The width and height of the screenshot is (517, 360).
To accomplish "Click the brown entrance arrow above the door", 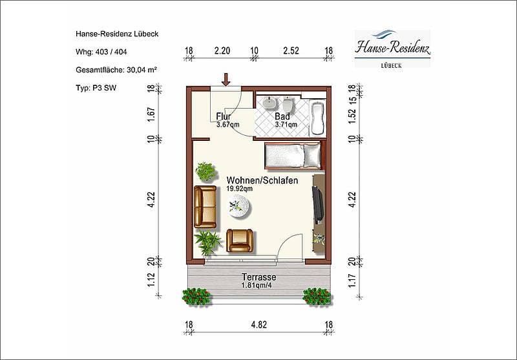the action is pyautogui.click(x=226, y=79).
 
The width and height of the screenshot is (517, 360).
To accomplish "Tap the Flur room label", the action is pyautogui.click(x=224, y=116).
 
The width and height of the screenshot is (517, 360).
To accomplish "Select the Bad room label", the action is pyautogui.click(x=282, y=116).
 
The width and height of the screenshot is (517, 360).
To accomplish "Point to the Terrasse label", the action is pyautogui.click(x=259, y=277).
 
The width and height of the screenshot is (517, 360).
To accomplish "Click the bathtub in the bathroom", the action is pyautogui.click(x=317, y=118).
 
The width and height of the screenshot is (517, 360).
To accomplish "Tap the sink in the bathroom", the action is pyautogui.click(x=271, y=103).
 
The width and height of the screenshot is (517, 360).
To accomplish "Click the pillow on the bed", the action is pyautogui.click(x=312, y=156).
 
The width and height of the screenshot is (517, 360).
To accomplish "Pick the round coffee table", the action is pyautogui.click(x=239, y=206).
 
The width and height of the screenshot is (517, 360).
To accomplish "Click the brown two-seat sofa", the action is pyautogui.click(x=205, y=207).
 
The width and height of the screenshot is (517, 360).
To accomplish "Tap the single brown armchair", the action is pyautogui.click(x=240, y=240).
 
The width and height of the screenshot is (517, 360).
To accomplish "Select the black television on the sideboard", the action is pyautogui.click(x=317, y=205).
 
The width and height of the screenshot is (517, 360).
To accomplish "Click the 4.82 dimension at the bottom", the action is pyautogui.click(x=259, y=324).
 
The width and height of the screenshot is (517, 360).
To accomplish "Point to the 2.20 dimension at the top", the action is pyautogui.click(x=222, y=51).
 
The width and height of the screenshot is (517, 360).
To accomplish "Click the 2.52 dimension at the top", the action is pyautogui.click(x=291, y=51).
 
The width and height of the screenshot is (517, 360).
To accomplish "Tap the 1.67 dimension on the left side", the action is pyautogui.click(x=151, y=114).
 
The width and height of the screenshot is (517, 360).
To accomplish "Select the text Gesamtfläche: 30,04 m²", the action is pyautogui.click(x=116, y=70).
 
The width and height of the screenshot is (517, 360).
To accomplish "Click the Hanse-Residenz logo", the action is pyautogui.click(x=392, y=48).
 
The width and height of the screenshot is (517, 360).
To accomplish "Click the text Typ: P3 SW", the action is pyautogui.click(x=96, y=88).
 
